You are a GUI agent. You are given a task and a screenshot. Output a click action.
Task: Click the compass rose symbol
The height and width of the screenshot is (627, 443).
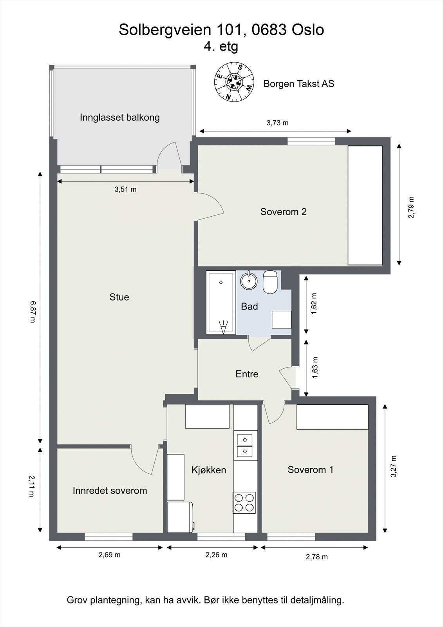pos(234,82)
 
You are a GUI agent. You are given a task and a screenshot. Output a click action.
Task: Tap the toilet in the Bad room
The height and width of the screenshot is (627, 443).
pos(270,282)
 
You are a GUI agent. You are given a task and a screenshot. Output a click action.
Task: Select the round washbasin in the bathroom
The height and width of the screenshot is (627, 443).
pos(248,281)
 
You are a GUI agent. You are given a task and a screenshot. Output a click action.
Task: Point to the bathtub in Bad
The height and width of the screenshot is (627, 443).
pos(221,303)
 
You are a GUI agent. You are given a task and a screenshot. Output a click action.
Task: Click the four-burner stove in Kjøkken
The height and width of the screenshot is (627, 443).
pos(244,503)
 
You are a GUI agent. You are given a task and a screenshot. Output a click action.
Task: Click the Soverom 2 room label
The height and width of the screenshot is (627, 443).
pos(283,212)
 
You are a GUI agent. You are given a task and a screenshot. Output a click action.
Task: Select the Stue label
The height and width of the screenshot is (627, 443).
pos(119,297)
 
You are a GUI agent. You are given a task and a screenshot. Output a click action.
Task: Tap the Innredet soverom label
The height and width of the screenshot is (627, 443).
pos(110,490)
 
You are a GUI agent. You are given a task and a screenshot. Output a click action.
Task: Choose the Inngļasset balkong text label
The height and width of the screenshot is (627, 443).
pos(120,117)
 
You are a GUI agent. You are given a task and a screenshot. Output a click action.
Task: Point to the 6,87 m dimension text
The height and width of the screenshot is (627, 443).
pos(33,312)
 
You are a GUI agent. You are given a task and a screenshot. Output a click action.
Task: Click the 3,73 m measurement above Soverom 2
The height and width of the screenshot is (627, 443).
pos(277,123)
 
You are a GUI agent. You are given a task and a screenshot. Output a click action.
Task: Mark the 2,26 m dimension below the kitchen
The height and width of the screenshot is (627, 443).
pos(216,555)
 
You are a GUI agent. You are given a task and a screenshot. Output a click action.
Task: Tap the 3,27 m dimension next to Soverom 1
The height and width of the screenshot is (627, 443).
pos(393,466)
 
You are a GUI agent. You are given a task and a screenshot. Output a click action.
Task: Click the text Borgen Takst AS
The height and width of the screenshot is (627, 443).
pos(298,84)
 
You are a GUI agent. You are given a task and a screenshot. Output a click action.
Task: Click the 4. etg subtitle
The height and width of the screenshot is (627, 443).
pos(221,46)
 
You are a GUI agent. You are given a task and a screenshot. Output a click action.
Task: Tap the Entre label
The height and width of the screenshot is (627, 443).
pos(247,374)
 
